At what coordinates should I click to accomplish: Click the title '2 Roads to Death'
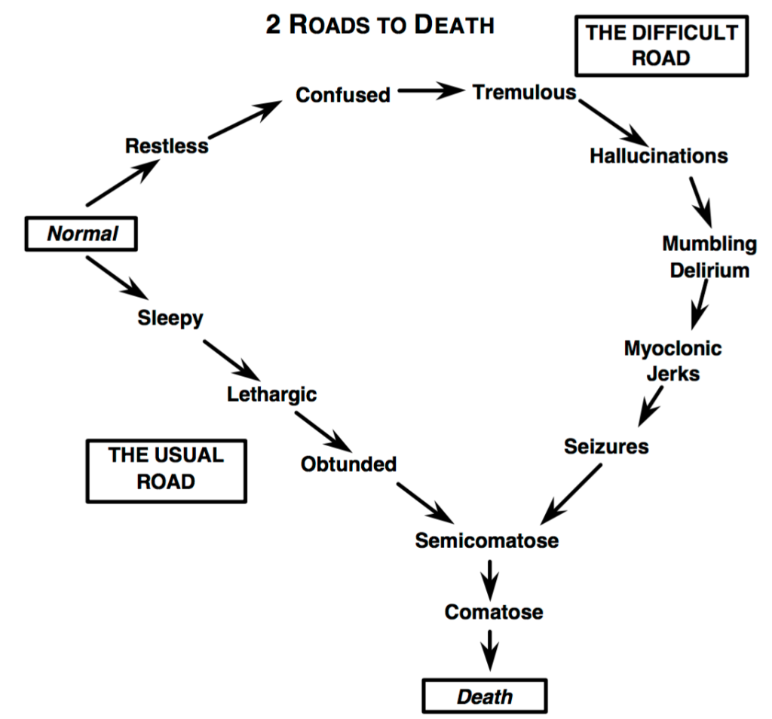pyautogui.click(x=380, y=24)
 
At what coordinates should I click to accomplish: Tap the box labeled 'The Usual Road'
pyautogui.click(x=166, y=469)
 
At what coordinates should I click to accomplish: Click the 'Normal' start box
pyautogui.click(x=82, y=234)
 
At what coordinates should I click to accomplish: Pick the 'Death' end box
pyautogui.click(x=484, y=696)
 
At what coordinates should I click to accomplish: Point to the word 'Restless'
pyautogui.click(x=167, y=145)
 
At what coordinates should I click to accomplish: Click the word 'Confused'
pyautogui.click(x=343, y=95)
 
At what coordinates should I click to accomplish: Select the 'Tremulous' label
pyautogui.click(x=524, y=92)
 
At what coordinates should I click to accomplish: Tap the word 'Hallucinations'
pyautogui.click(x=658, y=155)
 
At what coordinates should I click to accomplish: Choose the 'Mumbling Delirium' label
pyautogui.click(x=709, y=256)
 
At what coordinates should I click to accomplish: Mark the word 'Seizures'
pyautogui.click(x=605, y=445)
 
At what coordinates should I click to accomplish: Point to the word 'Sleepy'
pyautogui.click(x=170, y=317)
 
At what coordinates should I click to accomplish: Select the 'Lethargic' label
pyautogui.click(x=271, y=393)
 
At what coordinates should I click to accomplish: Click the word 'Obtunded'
pyautogui.click(x=348, y=464)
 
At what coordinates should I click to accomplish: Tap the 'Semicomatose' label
pyautogui.click(x=486, y=540)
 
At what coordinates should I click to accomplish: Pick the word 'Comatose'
pyautogui.click(x=493, y=611)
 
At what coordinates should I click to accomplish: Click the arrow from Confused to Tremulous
pyautogui.click(x=430, y=91)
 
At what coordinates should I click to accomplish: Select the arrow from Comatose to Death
pyautogui.click(x=491, y=649)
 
